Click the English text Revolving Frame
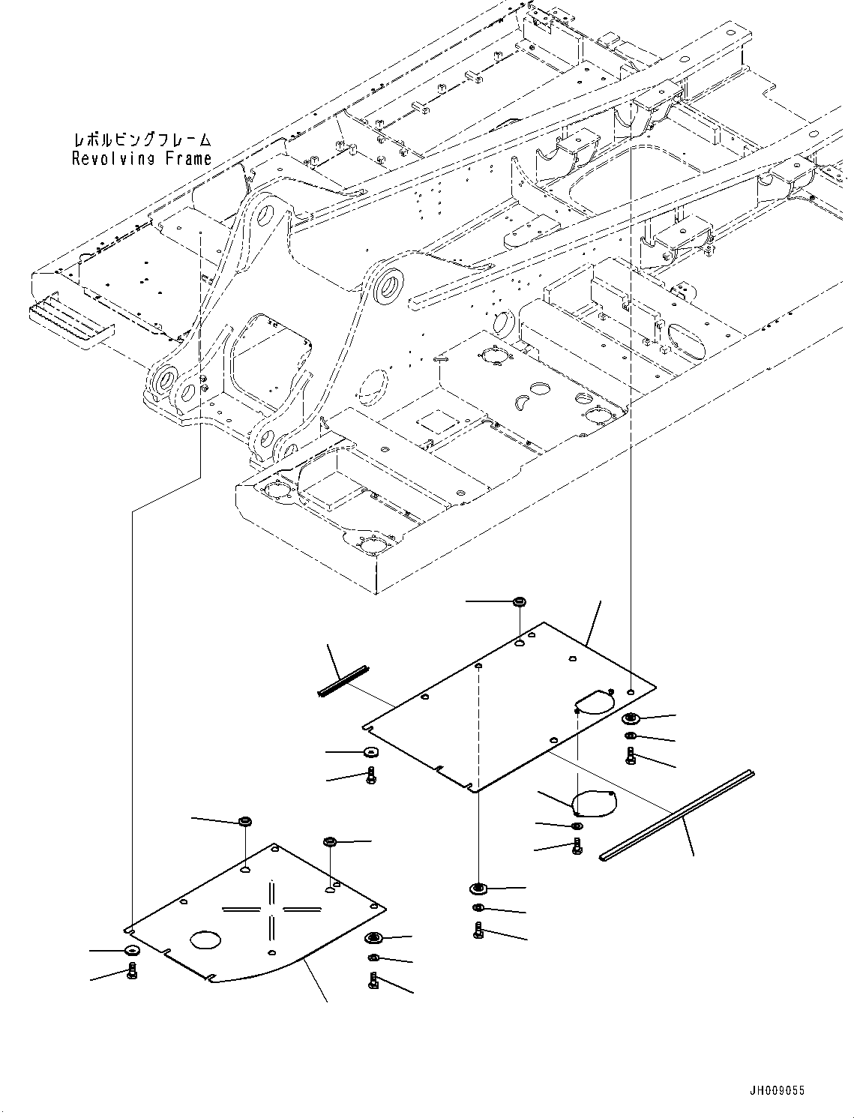[x=142, y=158]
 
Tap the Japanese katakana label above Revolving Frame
[x=142, y=139]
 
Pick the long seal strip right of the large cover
[x=678, y=814]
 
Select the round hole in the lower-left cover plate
[x=205, y=940]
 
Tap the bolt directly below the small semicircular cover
[x=577, y=846]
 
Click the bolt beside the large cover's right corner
[x=630, y=756]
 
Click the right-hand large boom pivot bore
[x=388, y=286]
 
